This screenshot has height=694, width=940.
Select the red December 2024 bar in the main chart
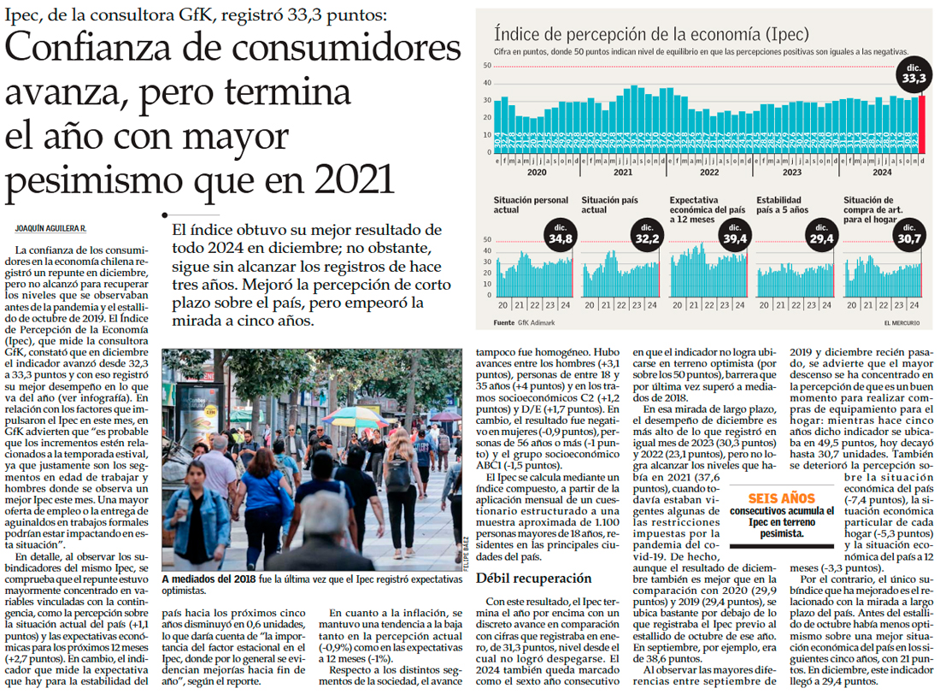pyautogui.click(x=921, y=124)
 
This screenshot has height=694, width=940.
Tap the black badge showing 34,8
pyautogui.click(x=561, y=236)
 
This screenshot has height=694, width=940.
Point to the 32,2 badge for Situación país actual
pyautogui.click(x=648, y=236)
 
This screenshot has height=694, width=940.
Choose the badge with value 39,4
pyautogui.click(x=735, y=236)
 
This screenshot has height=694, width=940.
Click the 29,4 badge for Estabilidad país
pyautogui.click(x=822, y=236)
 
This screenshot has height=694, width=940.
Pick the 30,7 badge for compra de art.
pyautogui.click(x=909, y=236)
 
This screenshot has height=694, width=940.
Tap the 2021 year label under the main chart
pyautogui.click(x=623, y=172)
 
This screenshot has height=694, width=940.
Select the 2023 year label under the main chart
pyautogui.click(x=792, y=172)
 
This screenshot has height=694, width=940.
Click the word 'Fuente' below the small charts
pyautogui.click(x=504, y=322)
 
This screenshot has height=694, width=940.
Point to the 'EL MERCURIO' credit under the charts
pyautogui.click(x=896, y=322)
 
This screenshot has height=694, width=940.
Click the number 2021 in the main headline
pyautogui.click(x=354, y=177)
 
